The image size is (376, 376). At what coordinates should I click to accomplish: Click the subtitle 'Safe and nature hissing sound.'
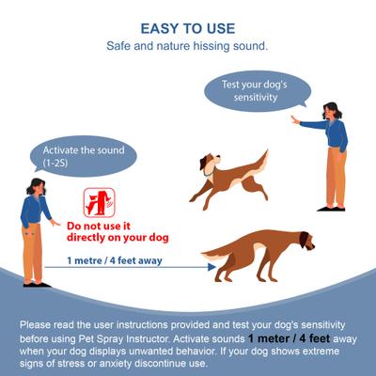pos(188,45)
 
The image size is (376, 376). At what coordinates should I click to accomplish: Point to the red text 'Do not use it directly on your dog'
pos(105,231)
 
